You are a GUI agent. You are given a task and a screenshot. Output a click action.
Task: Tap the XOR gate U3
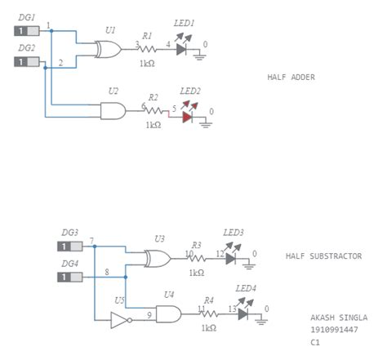[x=158, y=259]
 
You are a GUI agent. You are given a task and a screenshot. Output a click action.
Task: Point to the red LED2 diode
[x=189, y=116]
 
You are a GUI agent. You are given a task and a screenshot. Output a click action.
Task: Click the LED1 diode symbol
[x=182, y=49]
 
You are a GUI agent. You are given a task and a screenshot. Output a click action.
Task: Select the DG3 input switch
[x=68, y=246]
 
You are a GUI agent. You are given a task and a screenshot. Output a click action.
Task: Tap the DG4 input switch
[x=68, y=278]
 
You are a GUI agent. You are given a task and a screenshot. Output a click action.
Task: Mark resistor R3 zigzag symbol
[x=197, y=259]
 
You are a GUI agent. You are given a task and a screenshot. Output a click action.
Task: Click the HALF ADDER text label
[x=291, y=78]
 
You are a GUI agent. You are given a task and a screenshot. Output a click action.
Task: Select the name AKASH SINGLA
[x=339, y=318]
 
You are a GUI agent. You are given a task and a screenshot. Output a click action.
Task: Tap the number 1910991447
[x=333, y=331]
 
